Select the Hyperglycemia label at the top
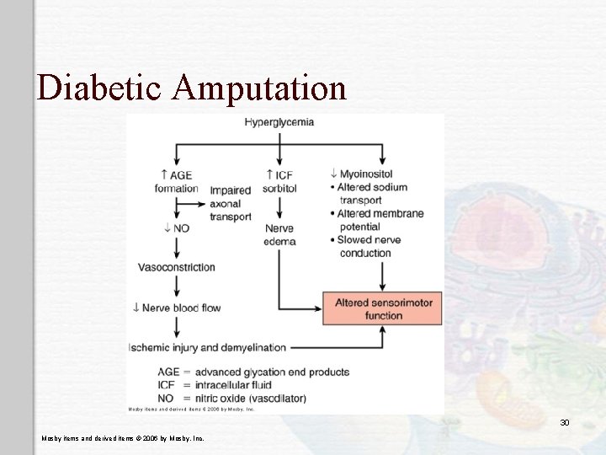[x=279, y=121]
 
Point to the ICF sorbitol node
[x=279, y=181]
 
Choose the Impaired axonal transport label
[x=231, y=203]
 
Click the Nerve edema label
[x=279, y=234]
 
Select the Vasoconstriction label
[x=177, y=267]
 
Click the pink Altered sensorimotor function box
[x=382, y=308]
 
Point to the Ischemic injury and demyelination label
[x=207, y=347]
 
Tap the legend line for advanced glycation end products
[x=253, y=372]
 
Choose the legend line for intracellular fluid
[x=226, y=385]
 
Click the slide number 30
[x=565, y=421]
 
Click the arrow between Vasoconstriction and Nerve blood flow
[x=176, y=287]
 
